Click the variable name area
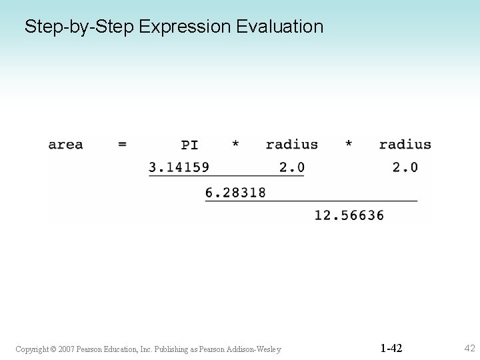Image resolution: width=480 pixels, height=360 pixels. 65,145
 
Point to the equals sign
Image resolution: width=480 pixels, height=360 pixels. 122,145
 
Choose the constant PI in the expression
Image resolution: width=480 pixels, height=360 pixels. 189,145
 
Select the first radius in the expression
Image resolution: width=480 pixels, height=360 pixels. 291,145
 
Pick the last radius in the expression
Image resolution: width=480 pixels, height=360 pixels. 405,145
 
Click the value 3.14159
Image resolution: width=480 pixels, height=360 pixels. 179,167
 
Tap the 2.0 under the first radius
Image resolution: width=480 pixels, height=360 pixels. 291,167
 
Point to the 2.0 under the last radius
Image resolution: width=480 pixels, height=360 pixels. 405,167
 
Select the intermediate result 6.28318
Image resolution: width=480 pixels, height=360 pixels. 235,192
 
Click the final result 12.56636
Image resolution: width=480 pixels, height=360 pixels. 349,215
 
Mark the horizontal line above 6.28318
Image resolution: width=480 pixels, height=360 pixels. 226,176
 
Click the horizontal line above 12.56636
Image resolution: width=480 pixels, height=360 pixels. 311,201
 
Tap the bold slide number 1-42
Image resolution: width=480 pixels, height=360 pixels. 391,348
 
